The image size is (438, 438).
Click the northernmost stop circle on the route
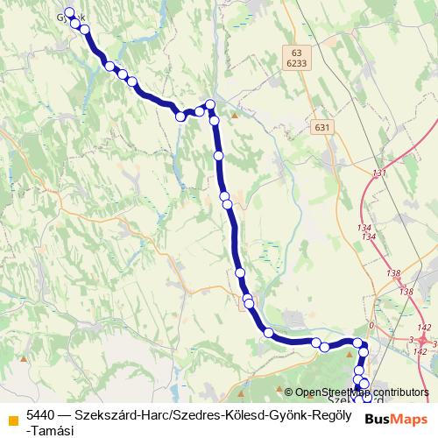(x=69, y=12)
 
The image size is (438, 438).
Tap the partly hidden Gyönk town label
(x=72, y=18)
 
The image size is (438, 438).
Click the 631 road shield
(x=323, y=128)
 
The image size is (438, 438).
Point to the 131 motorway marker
(x=378, y=173)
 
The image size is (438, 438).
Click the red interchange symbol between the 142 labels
(x=423, y=337)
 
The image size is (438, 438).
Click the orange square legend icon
(x=11, y=420)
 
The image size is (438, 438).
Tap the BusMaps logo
(x=398, y=420)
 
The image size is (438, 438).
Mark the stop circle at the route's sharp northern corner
(x=209, y=105)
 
